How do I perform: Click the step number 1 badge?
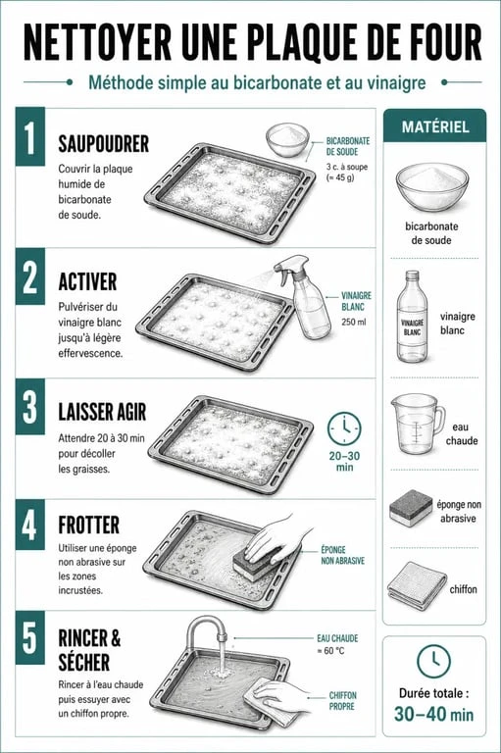coord(30,136)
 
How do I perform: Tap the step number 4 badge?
coord(30,525)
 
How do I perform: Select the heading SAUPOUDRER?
coord(103,144)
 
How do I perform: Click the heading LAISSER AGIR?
coord(102,412)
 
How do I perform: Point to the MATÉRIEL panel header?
coord(434,125)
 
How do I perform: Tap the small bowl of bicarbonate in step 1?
coord(286,139)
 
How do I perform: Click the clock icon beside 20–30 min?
coord(344,428)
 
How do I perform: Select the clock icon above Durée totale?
coord(433,661)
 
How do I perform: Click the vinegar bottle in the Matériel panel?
coord(412,317)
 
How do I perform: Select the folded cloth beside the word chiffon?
coord(417,585)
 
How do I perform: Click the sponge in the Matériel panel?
coord(411,508)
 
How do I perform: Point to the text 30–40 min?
coord(433,714)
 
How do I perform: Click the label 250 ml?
coord(354,322)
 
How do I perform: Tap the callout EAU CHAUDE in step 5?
coord(337,638)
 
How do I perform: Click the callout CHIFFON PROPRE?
coord(342,701)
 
